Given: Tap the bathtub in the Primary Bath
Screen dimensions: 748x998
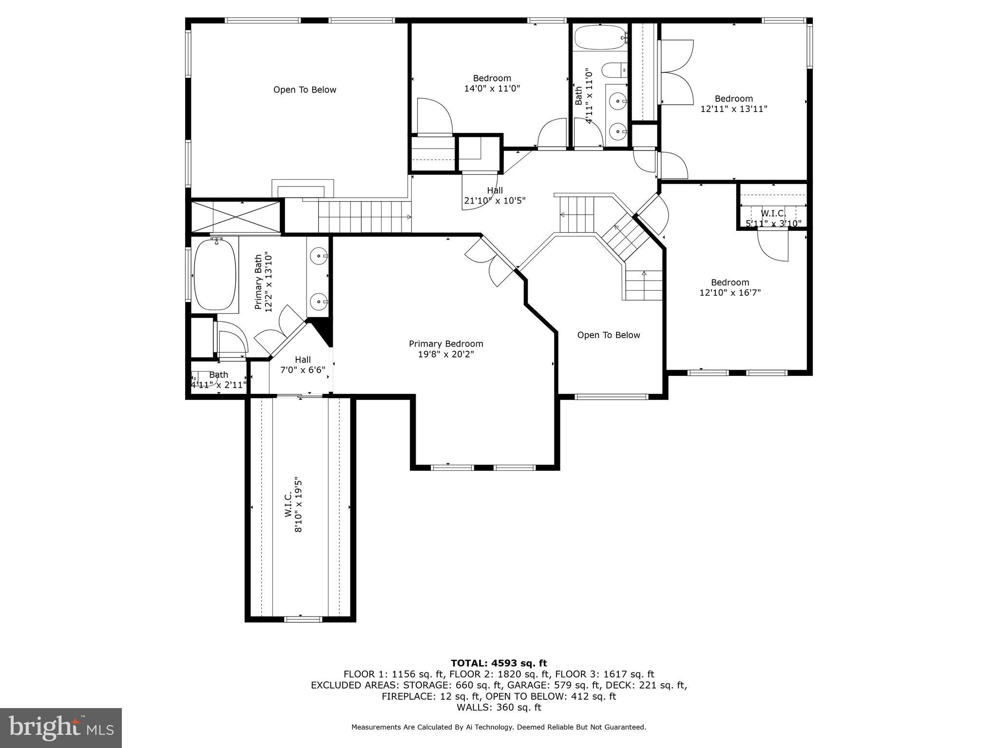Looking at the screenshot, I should (215, 275).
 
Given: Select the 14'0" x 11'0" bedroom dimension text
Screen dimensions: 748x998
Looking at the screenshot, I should (492, 89).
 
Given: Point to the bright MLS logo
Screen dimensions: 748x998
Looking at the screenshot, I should (61, 728).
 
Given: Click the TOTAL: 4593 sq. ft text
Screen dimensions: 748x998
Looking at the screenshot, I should (499, 663).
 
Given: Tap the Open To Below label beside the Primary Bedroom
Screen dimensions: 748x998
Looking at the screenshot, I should (608, 335).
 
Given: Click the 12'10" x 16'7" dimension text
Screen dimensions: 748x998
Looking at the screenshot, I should (729, 293).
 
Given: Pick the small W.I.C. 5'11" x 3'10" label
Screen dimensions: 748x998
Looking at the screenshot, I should (773, 219).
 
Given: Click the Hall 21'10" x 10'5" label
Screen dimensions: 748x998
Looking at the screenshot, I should (495, 195).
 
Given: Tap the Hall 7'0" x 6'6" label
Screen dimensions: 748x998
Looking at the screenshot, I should (303, 365).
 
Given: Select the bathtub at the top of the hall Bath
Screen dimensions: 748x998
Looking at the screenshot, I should (600, 37).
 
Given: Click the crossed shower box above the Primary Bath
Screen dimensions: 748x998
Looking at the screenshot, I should (236, 217).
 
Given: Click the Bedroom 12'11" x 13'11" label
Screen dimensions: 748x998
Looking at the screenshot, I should (733, 104).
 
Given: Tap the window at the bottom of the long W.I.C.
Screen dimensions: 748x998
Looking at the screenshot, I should (303, 619).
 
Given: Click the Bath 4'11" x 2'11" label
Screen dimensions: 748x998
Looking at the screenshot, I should (218, 380).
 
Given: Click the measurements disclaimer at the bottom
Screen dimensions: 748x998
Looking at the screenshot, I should (499, 727).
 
